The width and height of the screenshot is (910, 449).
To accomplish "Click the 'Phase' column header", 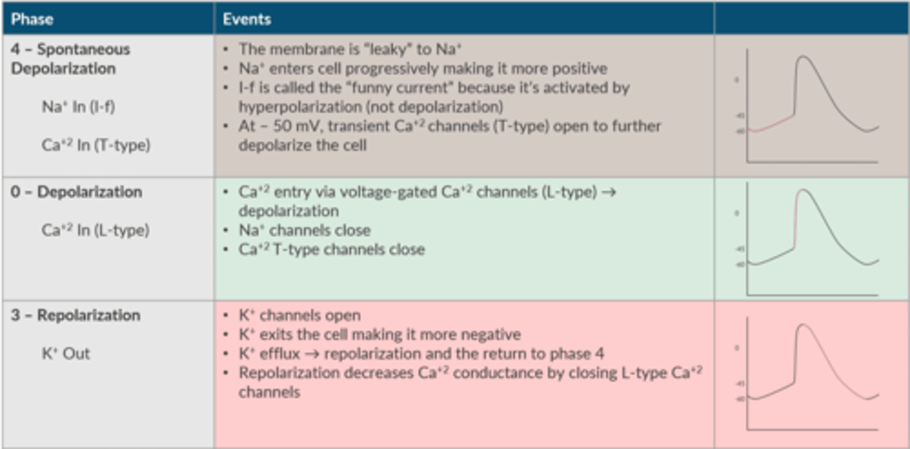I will click(32, 19).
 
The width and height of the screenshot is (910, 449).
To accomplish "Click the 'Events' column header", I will click(246, 19).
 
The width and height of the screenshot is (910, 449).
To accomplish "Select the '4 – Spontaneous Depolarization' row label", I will click(70, 59).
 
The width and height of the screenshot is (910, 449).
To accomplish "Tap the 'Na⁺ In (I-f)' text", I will click(78, 107).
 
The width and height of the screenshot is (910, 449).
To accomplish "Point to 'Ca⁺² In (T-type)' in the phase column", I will click(96, 145).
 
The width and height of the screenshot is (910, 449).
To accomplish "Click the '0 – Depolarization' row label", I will click(76, 192).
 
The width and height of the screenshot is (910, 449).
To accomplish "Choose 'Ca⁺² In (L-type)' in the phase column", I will click(95, 230).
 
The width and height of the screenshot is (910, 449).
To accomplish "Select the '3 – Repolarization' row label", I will click(75, 315).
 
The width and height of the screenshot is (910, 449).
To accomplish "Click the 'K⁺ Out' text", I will click(66, 354).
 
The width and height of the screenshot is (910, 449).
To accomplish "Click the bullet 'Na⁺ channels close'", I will click(304, 230).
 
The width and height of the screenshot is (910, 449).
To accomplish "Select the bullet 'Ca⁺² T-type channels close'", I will click(331, 249).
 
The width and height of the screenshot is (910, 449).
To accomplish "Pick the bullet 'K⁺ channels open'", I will click(300, 315).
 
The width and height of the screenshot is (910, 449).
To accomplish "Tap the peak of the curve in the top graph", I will click(803, 57).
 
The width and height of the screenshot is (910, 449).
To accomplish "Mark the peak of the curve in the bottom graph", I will click(803, 325).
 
